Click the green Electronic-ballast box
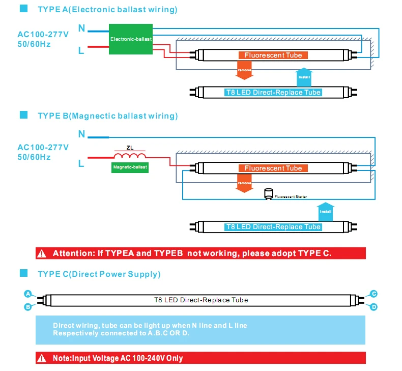(x=131, y=38)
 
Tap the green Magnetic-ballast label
(x=130, y=167)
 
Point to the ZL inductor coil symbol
(x=130, y=156)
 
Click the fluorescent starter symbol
(x=268, y=194)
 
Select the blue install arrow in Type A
(x=304, y=77)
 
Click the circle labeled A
(x=28, y=294)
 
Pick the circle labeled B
(x=28, y=306)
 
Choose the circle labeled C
(x=374, y=294)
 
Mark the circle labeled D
(x=374, y=306)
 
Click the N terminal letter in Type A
(x=81, y=28)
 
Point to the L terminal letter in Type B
(x=81, y=163)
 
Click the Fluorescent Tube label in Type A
(x=273, y=55)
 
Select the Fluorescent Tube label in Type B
(x=273, y=168)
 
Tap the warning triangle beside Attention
(x=43, y=253)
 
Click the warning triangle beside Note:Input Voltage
(x=43, y=358)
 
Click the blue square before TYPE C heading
(x=23, y=273)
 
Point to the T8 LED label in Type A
(x=273, y=92)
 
